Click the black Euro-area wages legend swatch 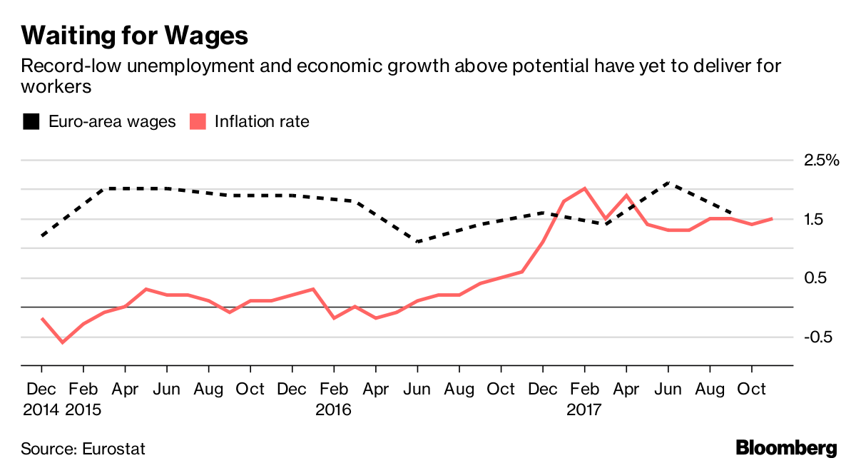pos(31,122)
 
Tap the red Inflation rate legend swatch pos(198,122)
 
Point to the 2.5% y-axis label pos(822,161)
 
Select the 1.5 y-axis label pos(816,220)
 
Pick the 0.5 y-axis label pos(816,278)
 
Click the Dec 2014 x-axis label pos(41,400)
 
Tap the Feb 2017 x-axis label pos(585,400)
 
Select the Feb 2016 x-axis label pos(334,400)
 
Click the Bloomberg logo pos(786,449)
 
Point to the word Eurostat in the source pos(114,449)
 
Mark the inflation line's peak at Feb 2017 pos(585,188)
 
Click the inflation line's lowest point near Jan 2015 pos(63,342)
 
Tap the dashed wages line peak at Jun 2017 pos(668,183)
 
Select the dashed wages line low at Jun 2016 pos(417,242)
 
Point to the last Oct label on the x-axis pos(750,390)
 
